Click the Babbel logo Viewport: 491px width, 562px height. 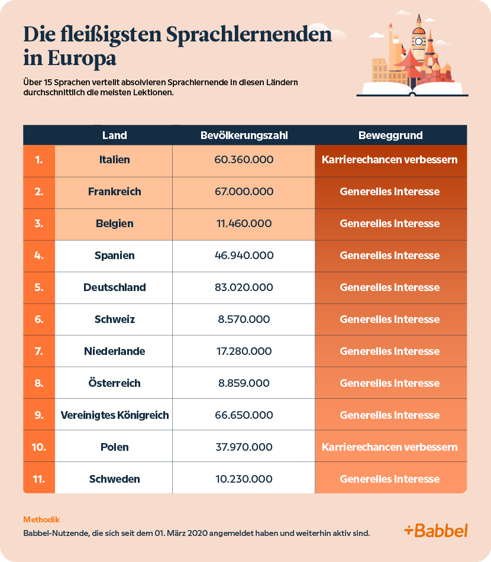(435, 530)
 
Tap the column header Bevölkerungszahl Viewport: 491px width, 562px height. (244, 135)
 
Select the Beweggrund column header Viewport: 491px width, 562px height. (390, 135)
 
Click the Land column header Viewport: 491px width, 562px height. (114, 135)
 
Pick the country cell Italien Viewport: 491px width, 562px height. (114, 160)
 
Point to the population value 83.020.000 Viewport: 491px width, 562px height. (244, 288)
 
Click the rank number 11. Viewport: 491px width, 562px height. (39, 479)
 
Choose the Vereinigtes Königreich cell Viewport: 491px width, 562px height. (115, 415)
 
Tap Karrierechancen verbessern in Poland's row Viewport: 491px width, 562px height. (390, 447)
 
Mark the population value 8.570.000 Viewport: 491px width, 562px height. (244, 319)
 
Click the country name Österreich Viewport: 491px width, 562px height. (114, 383)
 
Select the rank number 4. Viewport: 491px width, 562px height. (39, 256)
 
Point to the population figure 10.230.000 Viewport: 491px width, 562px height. (244, 479)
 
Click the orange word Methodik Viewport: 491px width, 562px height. (41, 519)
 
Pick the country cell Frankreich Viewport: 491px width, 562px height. (114, 192)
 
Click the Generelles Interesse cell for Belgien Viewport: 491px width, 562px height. (390, 224)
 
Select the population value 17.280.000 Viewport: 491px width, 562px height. (244, 351)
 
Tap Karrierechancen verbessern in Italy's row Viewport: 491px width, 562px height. (390, 160)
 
